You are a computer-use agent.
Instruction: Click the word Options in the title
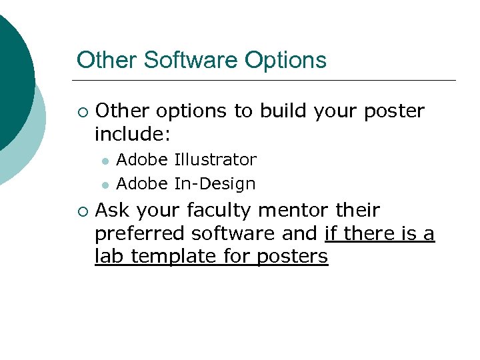point(285,60)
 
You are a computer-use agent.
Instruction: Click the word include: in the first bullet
point(133,135)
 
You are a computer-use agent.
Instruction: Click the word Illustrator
point(215,160)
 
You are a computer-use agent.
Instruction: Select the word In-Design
point(215,183)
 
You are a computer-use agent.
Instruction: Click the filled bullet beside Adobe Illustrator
point(105,161)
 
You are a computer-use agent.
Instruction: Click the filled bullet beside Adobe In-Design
point(105,185)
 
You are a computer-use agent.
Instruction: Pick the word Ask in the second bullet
point(111,211)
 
